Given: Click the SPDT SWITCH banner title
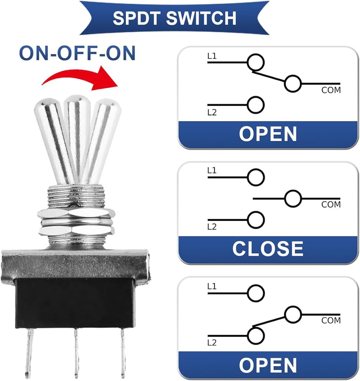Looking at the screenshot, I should pyautogui.click(x=174, y=18).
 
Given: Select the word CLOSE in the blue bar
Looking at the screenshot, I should pyautogui.click(x=268, y=249).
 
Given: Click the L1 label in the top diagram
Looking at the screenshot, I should pyautogui.click(x=212, y=56).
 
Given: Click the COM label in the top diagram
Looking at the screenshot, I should pyautogui.click(x=331, y=90).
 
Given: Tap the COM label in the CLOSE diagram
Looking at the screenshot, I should pyautogui.click(x=331, y=205).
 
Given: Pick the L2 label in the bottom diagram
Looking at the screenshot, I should pyautogui.click(x=212, y=343).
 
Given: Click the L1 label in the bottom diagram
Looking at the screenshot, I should pyautogui.click(x=212, y=287).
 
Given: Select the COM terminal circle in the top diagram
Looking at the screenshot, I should pyautogui.click(x=293, y=84).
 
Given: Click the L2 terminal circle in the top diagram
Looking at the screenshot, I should pyautogui.click(x=256, y=105).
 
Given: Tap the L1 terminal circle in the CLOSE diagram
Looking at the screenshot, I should pyautogui.click(x=256, y=177).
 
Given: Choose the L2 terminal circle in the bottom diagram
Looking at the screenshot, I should pyautogui.click(x=256, y=336).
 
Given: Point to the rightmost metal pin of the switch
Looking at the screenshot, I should pyautogui.click(x=123, y=352).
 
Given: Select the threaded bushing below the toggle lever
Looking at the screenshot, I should pyautogui.click(x=76, y=195).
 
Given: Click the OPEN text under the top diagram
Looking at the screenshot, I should pyautogui.click(x=268, y=134).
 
